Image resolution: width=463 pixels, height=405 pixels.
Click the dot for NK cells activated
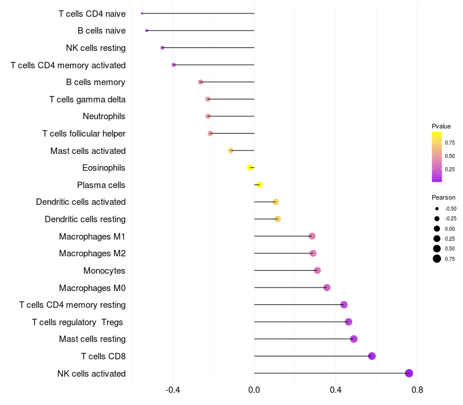click(409, 373)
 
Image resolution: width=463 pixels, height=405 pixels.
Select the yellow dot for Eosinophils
click(250, 168)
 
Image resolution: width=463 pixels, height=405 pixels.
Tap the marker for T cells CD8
click(372, 356)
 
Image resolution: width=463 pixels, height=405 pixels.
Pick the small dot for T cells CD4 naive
click(142, 13)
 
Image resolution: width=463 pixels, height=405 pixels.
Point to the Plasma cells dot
click(259, 185)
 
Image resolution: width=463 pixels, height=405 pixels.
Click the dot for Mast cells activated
click(230, 150)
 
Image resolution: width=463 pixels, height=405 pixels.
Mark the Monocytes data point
click(317, 270)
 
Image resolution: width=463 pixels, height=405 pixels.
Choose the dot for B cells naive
click(147, 31)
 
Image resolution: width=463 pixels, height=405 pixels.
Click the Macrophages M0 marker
click(327, 288)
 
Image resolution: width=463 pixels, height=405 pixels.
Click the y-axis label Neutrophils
click(104, 116)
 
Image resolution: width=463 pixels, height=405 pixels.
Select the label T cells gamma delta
click(87, 100)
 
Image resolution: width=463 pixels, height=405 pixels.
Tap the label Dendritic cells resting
click(85, 219)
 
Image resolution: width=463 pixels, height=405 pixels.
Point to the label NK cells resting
click(95, 48)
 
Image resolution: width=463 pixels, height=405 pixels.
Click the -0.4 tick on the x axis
click(172, 390)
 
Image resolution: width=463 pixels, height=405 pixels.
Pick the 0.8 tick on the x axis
click(417, 390)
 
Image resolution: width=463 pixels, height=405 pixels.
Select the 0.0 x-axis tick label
click(254, 390)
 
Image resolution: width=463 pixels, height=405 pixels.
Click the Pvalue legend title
click(441, 126)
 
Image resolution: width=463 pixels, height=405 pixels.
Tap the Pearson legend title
click(443, 197)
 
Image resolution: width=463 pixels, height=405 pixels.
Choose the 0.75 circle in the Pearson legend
click(437, 259)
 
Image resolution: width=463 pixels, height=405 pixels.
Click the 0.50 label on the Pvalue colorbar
click(450, 156)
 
